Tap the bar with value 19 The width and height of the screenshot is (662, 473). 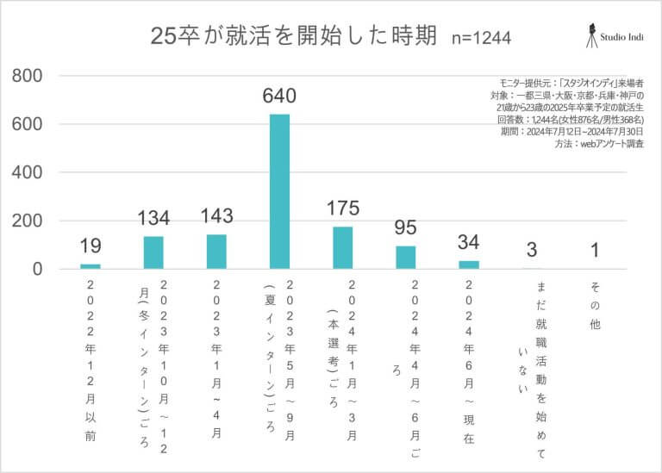click(x=91, y=266)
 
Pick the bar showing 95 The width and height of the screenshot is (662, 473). click(x=406, y=258)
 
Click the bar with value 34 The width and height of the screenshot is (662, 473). click(x=469, y=265)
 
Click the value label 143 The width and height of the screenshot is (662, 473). click(x=216, y=216)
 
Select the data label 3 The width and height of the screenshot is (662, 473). click(x=532, y=251)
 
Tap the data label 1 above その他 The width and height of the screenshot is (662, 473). click(x=595, y=251)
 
